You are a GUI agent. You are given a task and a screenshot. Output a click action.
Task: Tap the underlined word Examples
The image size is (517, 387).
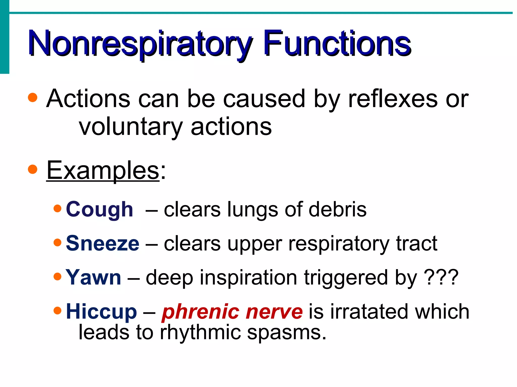pos(103,171)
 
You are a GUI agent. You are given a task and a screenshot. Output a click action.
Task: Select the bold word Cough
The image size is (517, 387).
pos(99,210)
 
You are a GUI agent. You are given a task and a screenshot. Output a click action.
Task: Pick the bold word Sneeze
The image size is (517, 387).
pos(102,243)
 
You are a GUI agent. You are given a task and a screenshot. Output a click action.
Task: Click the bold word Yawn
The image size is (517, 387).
pos(93,277)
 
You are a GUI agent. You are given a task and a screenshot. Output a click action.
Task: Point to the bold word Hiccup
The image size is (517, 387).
pos(101,312)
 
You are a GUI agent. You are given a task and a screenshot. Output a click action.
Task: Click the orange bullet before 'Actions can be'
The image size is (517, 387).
pos(33,98)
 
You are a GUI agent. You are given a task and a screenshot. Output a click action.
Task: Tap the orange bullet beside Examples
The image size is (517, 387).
pos(33,169)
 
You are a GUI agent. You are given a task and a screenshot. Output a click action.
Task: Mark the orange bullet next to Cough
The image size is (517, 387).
pos(58,208)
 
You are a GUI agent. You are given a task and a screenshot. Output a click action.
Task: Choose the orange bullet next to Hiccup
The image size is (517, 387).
pos(58,310)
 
